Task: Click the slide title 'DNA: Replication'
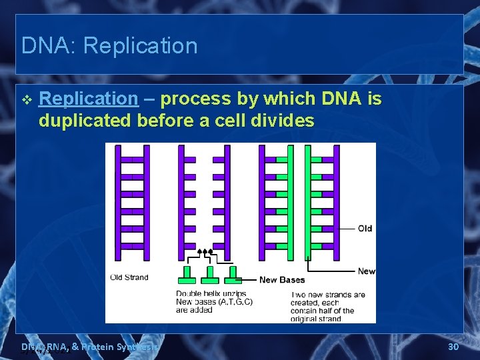pyautogui.click(x=109, y=46)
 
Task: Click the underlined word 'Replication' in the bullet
pyautogui.click(x=89, y=99)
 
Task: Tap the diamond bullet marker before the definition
pyautogui.click(x=26, y=100)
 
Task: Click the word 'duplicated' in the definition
pyautogui.click(x=85, y=121)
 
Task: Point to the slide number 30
pyautogui.click(x=453, y=347)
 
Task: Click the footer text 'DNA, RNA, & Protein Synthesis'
pyautogui.click(x=90, y=347)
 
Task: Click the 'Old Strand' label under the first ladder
pyautogui.click(x=129, y=277)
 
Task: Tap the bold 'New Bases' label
pyautogui.click(x=281, y=280)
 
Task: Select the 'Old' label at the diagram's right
pyautogui.click(x=365, y=229)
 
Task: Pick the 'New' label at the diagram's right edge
pyautogui.click(x=367, y=271)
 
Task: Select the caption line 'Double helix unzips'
pyautogui.click(x=211, y=294)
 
